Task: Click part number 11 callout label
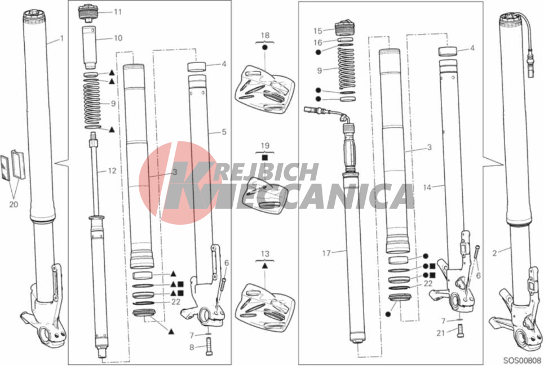click(x=117, y=12)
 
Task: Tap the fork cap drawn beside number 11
click(x=89, y=12)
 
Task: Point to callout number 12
click(x=113, y=171)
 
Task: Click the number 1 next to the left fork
click(x=62, y=39)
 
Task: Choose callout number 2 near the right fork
click(x=494, y=253)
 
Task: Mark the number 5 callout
click(x=224, y=132)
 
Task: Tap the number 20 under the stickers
click(x=14, y=204)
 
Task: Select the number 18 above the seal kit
click(x=265, y=35)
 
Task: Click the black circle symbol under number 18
click(x=265, y=48)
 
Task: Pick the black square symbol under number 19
click(x=265, y=158)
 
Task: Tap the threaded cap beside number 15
click(x=344, y=28)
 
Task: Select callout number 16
click(x=318, y=42)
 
